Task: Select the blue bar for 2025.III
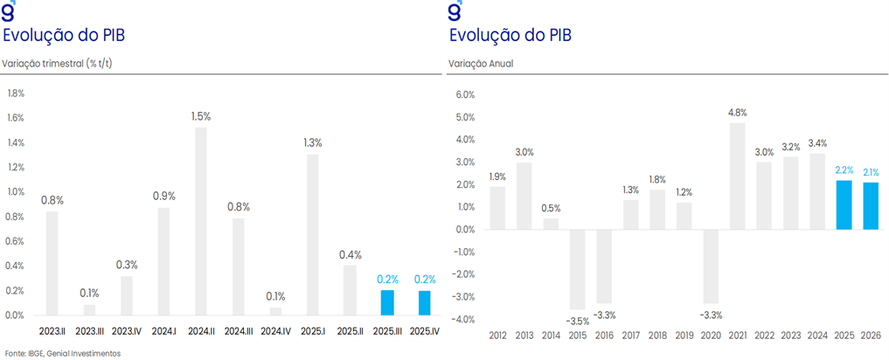[x=387, y=302]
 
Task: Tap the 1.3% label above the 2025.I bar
[x=313, y=142]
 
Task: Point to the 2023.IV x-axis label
[x=126, y=332]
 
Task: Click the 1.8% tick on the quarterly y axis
[x=16, y=93]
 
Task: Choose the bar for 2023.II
[x=52, y=263]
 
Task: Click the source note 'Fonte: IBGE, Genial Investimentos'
[x=61, y=353]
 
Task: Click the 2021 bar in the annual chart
[x=737, y=176]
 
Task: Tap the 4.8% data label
[x=737, y=112]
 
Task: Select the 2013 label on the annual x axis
[x=524, y=336]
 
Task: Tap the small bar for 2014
[x=551, y=224]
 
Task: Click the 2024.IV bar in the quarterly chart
[x=275, y=311]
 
